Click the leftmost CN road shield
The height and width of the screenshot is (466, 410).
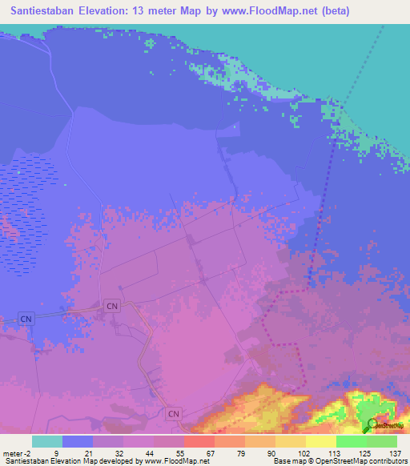27,319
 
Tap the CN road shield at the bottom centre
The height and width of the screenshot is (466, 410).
174,414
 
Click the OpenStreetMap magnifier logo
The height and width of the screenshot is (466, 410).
373,425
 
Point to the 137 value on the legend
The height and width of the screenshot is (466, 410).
396,452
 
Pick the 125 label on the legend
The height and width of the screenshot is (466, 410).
365,452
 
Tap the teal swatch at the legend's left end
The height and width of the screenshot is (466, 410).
47,441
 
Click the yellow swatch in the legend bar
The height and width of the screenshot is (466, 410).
320,441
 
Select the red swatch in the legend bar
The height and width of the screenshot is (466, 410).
199,441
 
